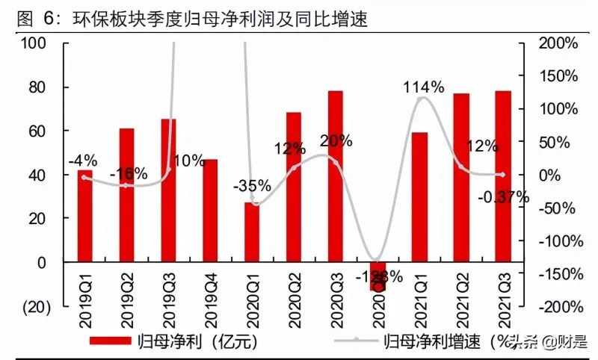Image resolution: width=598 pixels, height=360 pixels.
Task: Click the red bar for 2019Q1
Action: (86, 217)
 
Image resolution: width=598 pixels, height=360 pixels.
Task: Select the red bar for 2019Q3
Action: (169, 190)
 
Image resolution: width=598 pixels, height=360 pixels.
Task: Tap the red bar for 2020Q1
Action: (253, 232)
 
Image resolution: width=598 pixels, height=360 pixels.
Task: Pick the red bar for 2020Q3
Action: (336, 176)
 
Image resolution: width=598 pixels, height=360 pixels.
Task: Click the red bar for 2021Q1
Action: (419, 197)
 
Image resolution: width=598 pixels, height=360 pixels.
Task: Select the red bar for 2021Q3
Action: (502, 176)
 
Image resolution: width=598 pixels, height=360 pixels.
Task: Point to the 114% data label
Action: (422, 87)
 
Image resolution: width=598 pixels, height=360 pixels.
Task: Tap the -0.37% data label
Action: (504, 198)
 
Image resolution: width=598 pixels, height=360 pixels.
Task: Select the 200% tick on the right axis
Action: (558, 43)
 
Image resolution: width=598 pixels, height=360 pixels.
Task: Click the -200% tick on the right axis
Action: (557, 307)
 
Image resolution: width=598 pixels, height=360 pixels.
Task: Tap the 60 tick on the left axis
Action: (39, 131)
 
